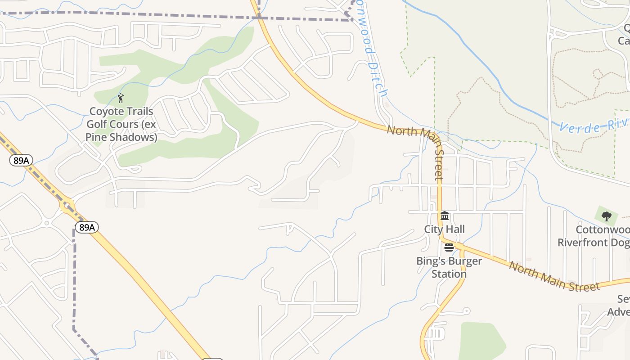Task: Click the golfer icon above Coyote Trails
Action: click(x=120, y=98)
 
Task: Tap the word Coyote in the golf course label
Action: click(x=105, y=111)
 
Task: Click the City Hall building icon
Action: click(x=445, y=216)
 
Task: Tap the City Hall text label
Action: click(x=444, y=229)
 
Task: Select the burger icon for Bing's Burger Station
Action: click(x=449, y=247)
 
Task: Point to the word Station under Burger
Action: click(x=449, y=274)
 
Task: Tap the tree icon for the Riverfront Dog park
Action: click(x=606, y=216)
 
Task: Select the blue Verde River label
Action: click(x=594, y=126)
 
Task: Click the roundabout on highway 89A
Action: click(x=67, y=206)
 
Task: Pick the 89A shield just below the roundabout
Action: click(x=86, y=227)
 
